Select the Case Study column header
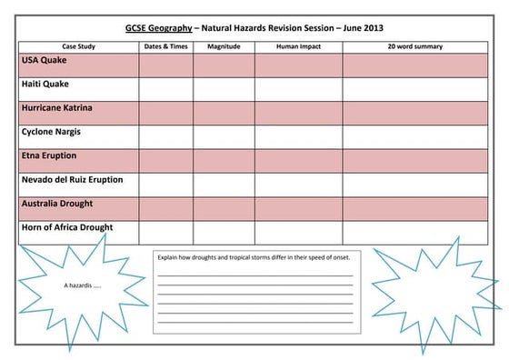point(78,46)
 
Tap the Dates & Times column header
point(165,46)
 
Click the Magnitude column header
point(223,46)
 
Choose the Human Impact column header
point(298,46)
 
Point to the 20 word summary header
point(415,46)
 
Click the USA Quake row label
point(43,61)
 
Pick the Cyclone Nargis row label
point(52,132)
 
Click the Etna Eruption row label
point(49,155)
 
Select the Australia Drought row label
point(57,204)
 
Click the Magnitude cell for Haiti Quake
point(223,89)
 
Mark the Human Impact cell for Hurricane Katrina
point(298,113)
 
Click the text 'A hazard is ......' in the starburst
point(83,285)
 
